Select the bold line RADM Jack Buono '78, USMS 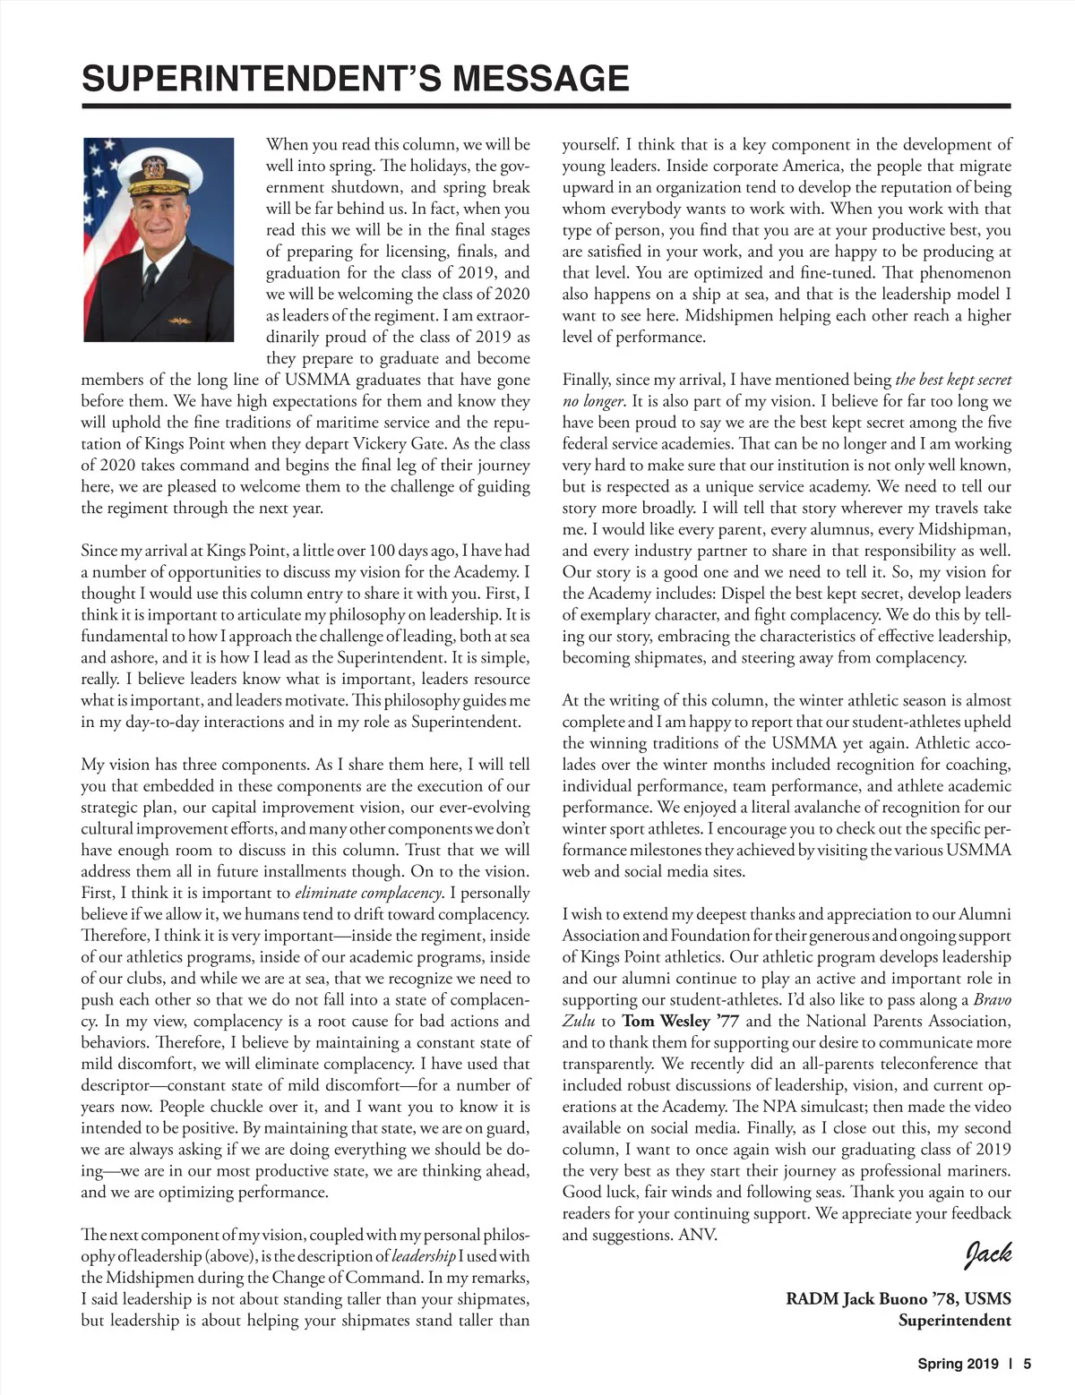[x=898, y=1298]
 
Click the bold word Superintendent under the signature [x=954, y=1320]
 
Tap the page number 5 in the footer [x=1028, y=1365]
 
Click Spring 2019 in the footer [x=957, y=1365]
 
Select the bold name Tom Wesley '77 [x=666, y=1021]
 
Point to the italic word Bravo [x=992, y=999]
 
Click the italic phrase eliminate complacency [x=369, y=893]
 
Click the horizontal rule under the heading [x=546, y=107]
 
